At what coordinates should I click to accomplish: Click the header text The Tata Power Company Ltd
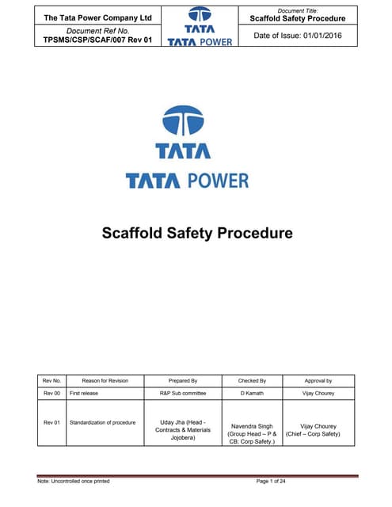[x=97, y=17]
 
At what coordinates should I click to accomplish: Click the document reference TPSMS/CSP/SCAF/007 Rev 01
[x=97, y=39]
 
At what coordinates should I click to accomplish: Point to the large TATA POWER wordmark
[x=188, y=181]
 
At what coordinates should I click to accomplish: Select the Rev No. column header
[x=52, y=381]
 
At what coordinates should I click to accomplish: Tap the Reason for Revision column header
[x=99, y=381]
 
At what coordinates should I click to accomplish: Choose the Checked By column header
[x=252, y=381]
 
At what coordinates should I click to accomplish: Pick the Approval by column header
[x=318, y=381]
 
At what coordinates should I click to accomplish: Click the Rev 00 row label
[x=52, y=392]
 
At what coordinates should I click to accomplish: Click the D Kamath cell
[x=252, y=392]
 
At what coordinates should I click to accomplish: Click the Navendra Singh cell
[x=252, y=434]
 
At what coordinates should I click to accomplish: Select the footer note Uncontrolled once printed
[x=74, y=482]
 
